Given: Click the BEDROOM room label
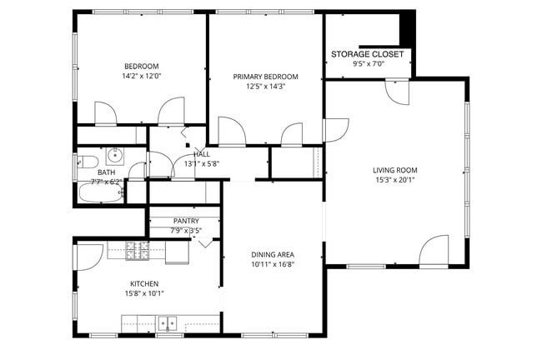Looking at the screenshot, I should pyautogui.click(x=141, y=67).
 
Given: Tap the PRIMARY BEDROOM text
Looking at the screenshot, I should pyautogui.click(x=265, y=77).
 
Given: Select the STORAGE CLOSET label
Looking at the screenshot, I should pyautogui.click(x=367, y=54).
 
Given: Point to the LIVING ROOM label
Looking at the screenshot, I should pyautogui.click(x=394, y=169).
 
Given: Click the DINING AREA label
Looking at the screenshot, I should pyautogui.click(x=274, y=254).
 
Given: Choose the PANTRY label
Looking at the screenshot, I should pyautogui.click(x=185, y=221).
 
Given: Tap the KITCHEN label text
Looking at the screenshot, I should pyautogui.click(x=144, y=283).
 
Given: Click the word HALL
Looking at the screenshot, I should pyautogui.click(x=202, y=154).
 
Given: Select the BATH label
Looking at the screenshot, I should pyautogui.click(x=106, y=172).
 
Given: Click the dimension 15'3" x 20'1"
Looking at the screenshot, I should pyautogui.click(x=394, y=179).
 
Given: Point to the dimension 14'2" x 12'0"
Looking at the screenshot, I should pyautogui.click(x=141, y=77).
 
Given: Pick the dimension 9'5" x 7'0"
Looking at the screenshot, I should pyautogui.click(x=367, y=64).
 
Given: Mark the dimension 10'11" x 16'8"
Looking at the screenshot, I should pyautogui.click(x=274, y=264).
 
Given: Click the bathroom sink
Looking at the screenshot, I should pyautogui.click(x=114, y=155).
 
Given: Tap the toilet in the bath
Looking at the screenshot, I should pyautogui.click(x=88, y=160).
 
